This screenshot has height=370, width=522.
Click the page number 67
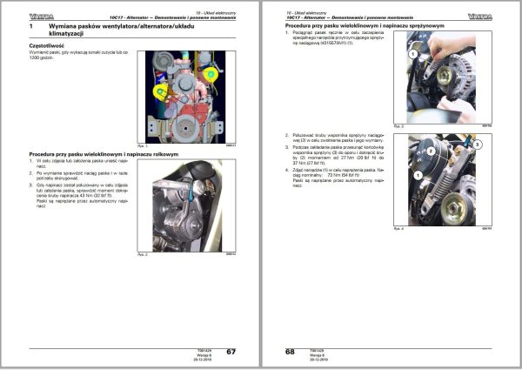pos(231,351)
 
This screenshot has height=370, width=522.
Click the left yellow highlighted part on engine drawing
pos(159,91)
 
